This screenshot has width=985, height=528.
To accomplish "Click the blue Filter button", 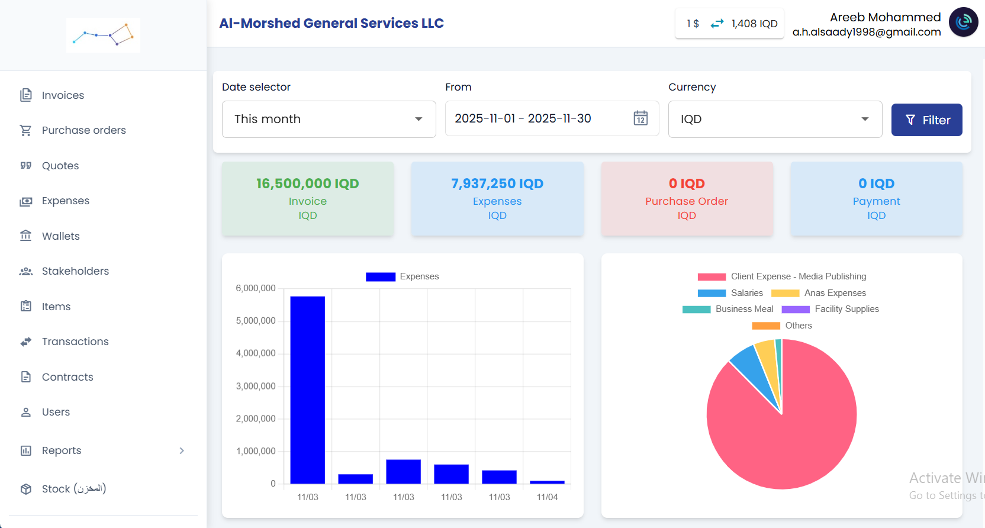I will pos(926,120).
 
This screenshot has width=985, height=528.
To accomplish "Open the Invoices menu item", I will pos(63,95).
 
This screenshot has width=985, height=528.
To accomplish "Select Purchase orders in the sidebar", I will pos(83,130).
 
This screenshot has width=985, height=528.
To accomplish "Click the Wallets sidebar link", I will pos(60,236).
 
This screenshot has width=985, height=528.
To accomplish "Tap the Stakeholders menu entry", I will pos(75,271).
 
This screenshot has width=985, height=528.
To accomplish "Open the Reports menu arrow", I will pos(182,450).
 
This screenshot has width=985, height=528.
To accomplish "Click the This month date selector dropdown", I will pos(329,119).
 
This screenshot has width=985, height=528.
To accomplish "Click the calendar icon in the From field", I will pos(640,118).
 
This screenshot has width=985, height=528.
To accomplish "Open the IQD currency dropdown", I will pos(775,119).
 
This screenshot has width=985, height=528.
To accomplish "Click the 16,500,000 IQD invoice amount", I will pos(307,183).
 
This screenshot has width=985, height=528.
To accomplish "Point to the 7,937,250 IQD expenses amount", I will pos(497,183).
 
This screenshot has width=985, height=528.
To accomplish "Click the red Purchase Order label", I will pos(687,201).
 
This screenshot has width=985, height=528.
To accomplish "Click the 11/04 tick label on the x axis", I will pos(547,497).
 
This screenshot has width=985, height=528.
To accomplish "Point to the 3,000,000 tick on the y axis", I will pos(256,386).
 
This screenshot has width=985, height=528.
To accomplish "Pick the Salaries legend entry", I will pos(746,293).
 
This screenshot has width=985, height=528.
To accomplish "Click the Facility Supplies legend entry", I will pos(846,309).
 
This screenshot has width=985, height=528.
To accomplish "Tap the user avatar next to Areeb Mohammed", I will pos(963,22).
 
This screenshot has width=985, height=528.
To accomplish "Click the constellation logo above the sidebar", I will pos(104,36).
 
